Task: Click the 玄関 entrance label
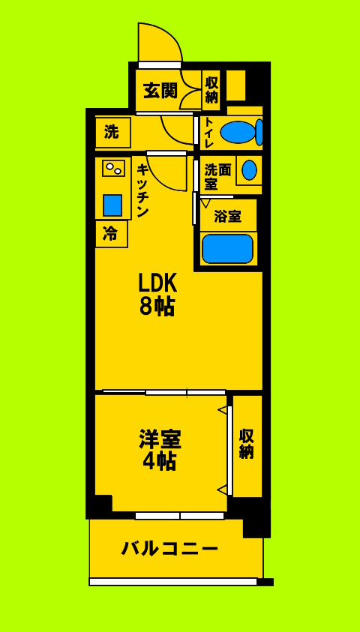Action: (x=160, y=91)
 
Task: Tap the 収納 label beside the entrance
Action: (x=211, y=89)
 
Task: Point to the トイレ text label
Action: (x=208, y=133)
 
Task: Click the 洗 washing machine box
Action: (x=112, y=133)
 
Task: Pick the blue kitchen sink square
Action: (x=112, y=205)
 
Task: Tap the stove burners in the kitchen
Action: (x=113, y=169)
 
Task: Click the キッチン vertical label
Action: (x=142, y=190)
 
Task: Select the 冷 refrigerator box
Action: (x=110, y=234)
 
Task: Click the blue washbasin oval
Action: (x=249, y=170)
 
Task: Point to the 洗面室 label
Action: (x=217, y=177)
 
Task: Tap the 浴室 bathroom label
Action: (x=227, y=217)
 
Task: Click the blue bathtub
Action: (x=227, y=249)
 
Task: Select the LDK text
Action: (x=157, y=283)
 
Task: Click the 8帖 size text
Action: (x=157, y=306)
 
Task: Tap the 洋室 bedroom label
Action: (x=160, y=439)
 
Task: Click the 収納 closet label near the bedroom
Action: (x=246, y=444)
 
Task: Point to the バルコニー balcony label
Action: (x=170, y=548)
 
